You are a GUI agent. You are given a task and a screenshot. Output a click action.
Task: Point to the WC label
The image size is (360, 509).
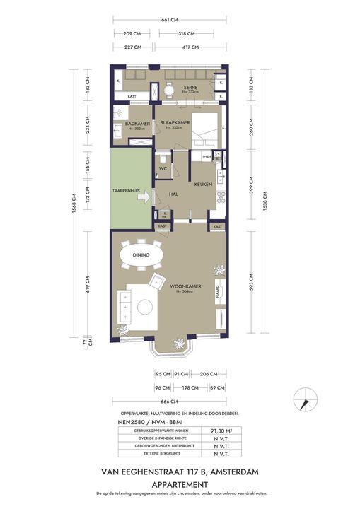click(x=162, y=169)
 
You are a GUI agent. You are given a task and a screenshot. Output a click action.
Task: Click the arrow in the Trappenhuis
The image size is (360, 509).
click(x=143, y=198)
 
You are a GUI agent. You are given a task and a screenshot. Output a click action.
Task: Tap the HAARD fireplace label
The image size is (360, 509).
click(x=218, y=291)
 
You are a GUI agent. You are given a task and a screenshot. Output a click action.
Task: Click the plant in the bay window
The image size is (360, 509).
click(x=179, y=344)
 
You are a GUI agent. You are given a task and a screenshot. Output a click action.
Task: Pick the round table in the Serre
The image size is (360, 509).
click(x=169, y=90)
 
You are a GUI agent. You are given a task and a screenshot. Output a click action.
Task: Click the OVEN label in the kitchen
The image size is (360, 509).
click(x=207, y=156)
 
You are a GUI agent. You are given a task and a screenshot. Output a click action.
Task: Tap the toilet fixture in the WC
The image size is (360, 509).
click(x=162, y=157)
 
